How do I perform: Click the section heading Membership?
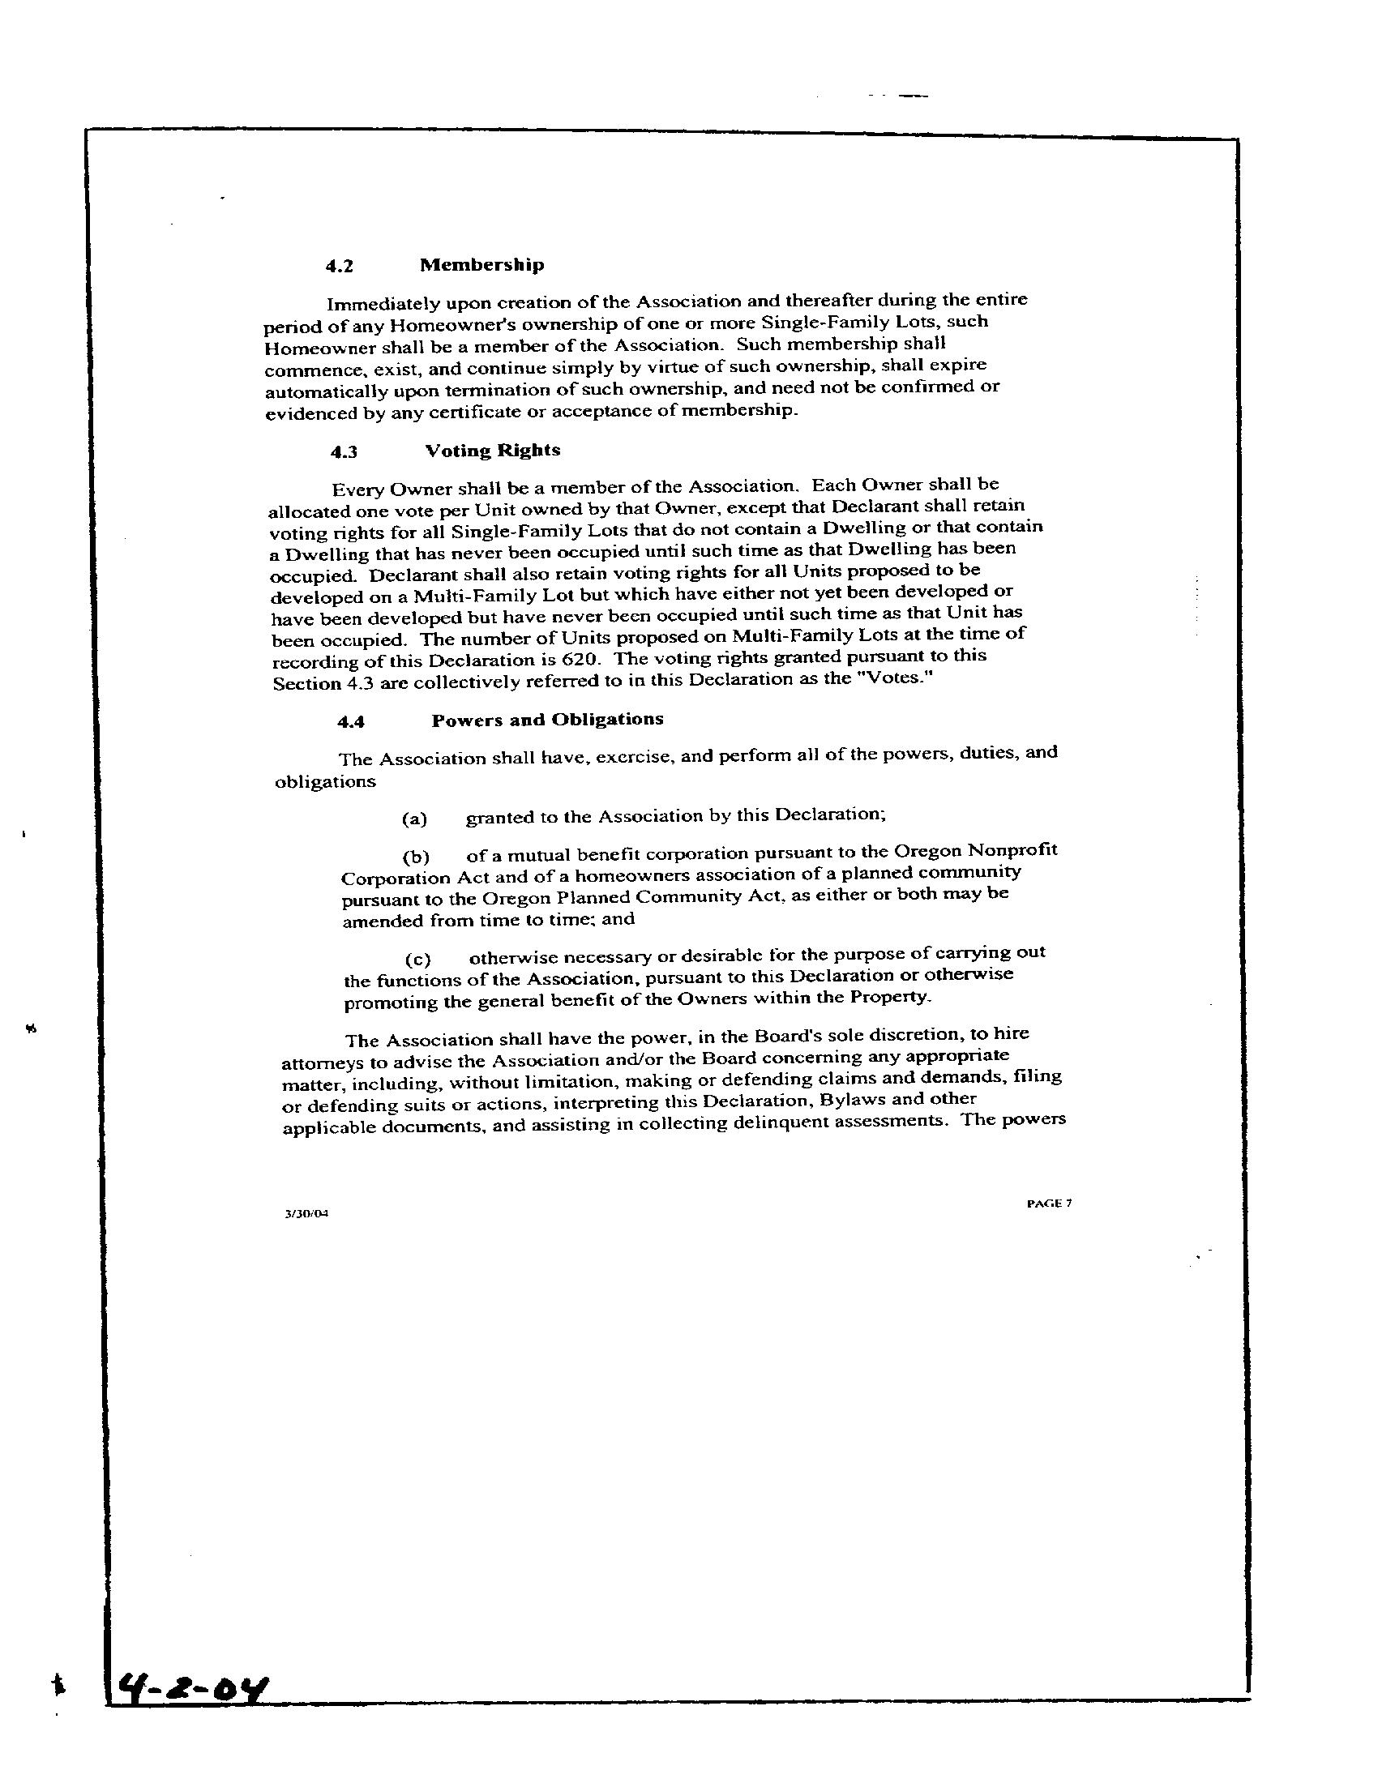[481, 264]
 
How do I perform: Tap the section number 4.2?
[339, 266]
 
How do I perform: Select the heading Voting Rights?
[492, 451]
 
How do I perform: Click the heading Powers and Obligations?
[547, 719]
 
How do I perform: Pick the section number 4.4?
[351, 721]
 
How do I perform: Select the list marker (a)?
[415, 819]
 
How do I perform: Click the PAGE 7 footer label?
[1049, 1203]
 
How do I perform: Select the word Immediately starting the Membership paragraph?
[383, 306]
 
